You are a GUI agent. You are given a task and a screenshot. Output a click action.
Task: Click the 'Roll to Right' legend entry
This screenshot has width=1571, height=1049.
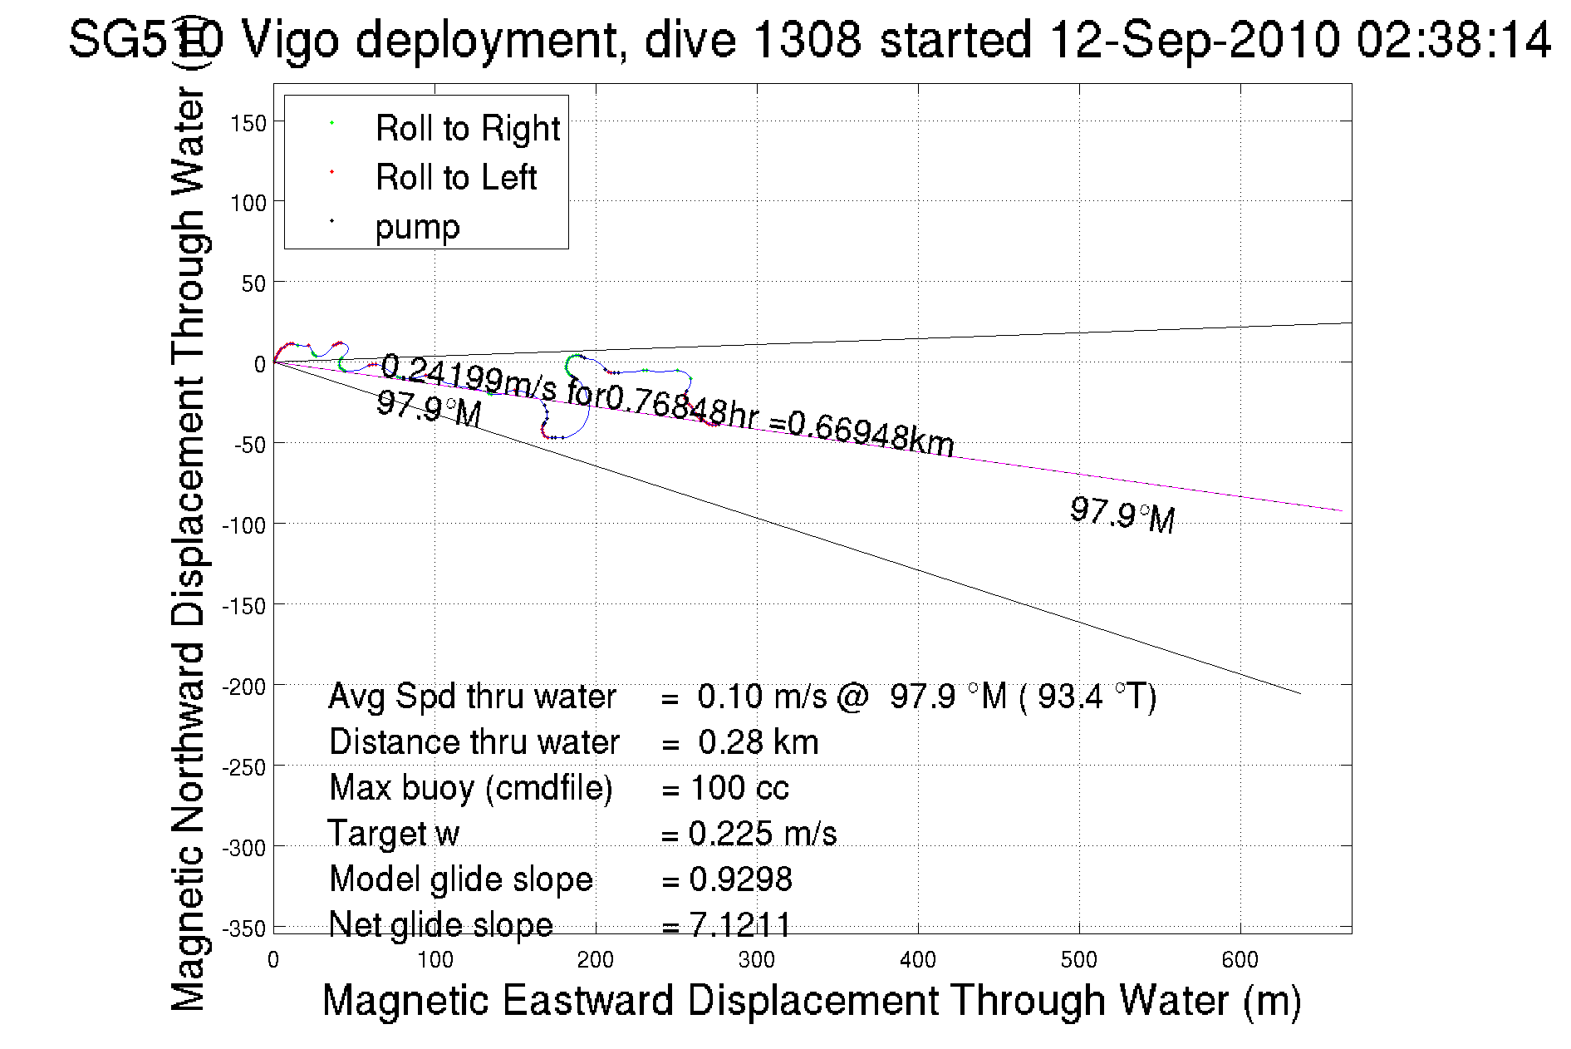(x=467, y=129)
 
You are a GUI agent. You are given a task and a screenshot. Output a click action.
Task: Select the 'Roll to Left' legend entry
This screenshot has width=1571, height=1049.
(x=455, y=178)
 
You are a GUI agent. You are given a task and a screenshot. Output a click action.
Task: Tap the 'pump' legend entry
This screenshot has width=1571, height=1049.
(x=417, y=227)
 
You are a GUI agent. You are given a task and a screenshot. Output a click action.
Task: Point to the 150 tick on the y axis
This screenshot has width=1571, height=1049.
(x=248, y=123)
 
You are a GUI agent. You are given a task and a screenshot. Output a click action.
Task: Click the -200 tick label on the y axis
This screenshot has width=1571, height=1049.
(x=244, y=687)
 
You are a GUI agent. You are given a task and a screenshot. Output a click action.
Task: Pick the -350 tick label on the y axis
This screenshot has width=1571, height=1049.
(x=244, y=928)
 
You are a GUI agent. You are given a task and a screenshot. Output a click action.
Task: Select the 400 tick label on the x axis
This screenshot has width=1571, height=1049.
(x=918, y=960)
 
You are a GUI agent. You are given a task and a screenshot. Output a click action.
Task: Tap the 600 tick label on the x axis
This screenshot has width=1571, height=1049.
(x=1240, y=960)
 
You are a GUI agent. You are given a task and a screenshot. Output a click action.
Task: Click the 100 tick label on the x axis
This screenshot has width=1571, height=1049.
(x=434, y=960)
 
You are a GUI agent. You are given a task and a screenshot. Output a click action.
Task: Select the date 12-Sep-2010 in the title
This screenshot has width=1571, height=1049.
(x=1195, y=40)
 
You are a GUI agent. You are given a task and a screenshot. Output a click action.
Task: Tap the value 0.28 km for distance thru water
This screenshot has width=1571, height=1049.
(x=758, y=742)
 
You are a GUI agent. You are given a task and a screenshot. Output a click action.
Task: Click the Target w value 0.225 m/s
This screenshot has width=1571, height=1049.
(x=763, y=834)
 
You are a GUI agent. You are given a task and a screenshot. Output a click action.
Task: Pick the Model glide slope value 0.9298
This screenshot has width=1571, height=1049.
(x=740, y=879)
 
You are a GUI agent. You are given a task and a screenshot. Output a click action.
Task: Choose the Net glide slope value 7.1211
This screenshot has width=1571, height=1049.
(x=740, y=924)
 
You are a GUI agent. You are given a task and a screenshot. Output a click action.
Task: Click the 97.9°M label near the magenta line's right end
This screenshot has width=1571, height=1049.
(x=1122, y=515)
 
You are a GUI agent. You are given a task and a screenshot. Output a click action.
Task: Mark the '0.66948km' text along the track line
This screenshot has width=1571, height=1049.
(x=871, y=434)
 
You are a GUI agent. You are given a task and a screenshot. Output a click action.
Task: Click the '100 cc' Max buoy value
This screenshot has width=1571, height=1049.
(x=739, y=788)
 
